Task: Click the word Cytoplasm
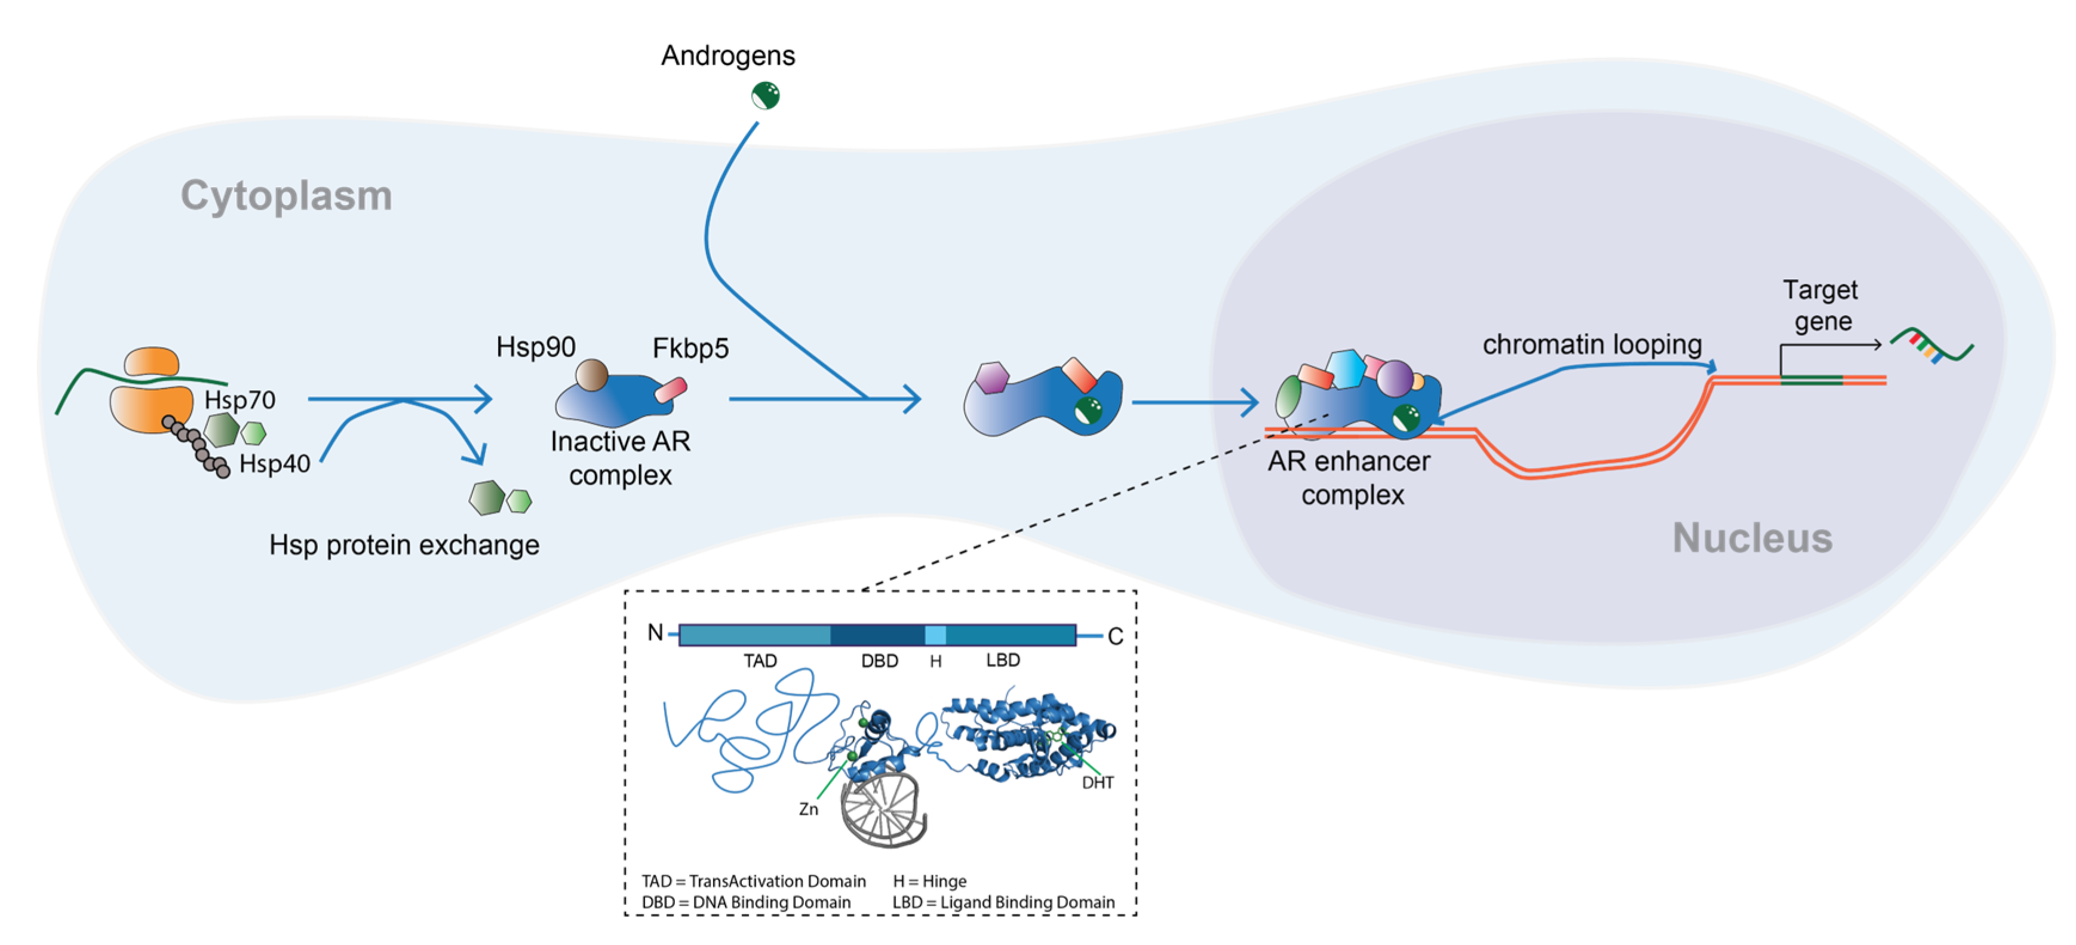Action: point(286,196)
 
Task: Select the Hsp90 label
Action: point(535,347)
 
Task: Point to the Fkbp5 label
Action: point(690,348)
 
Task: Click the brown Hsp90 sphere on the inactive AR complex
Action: point(591,375)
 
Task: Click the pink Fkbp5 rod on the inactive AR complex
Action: point(671,390)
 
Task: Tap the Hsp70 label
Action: point(239,400)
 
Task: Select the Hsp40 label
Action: point(274,464)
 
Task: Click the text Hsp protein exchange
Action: point(404,545)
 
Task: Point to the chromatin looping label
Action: point(1592,344)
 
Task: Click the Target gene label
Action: point(1820,305)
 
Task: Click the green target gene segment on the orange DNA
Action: point(1811,380)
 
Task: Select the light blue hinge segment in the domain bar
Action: point(935,635)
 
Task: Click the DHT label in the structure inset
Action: point(1097,783)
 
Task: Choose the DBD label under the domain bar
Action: point(879,661)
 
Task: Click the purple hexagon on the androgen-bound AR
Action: point(991,377)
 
